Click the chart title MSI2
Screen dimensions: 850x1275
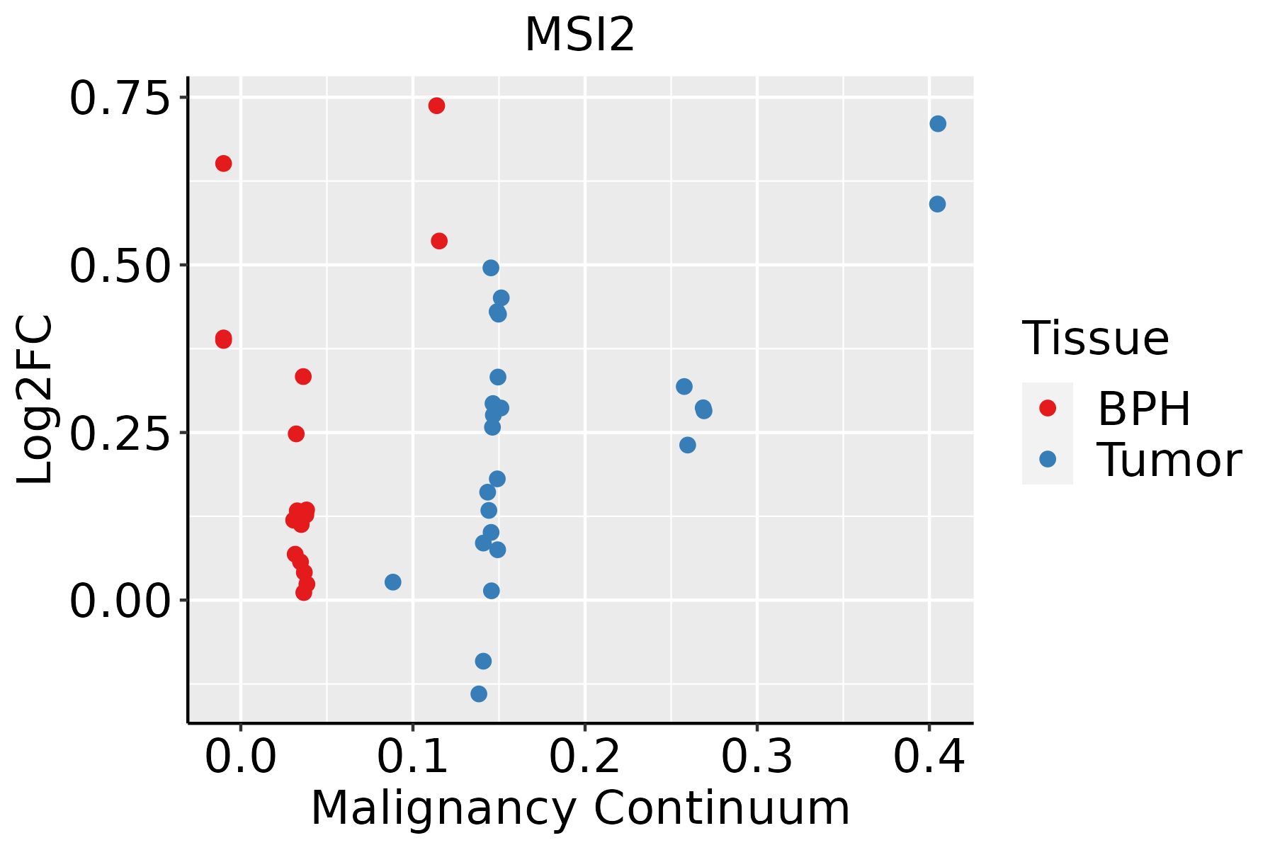tap(579, 35)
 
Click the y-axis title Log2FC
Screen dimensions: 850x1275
tap(35, 400)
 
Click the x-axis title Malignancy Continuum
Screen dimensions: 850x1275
tap(579, 809)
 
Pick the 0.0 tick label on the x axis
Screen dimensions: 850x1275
tap(241, 758)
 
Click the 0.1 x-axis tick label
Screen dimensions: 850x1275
tap(413, 758)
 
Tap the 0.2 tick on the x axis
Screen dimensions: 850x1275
tap(585, 758)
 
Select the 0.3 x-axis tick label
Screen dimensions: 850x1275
tap(757, 758)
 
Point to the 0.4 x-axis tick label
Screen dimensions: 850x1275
tap(929, 758)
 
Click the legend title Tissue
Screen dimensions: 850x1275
tap(1096, 339)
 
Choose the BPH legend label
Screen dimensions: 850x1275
tap(1144, 409)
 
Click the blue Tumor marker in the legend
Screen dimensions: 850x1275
tap(1047, 459)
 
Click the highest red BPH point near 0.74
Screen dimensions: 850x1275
tap(436, 106)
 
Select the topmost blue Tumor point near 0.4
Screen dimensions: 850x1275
tap(938, 124)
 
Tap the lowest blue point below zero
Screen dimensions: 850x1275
tap(479, 693)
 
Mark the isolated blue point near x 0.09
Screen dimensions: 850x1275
tap(392, 582)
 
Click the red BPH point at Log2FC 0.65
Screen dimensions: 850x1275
tap(223, 164)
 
